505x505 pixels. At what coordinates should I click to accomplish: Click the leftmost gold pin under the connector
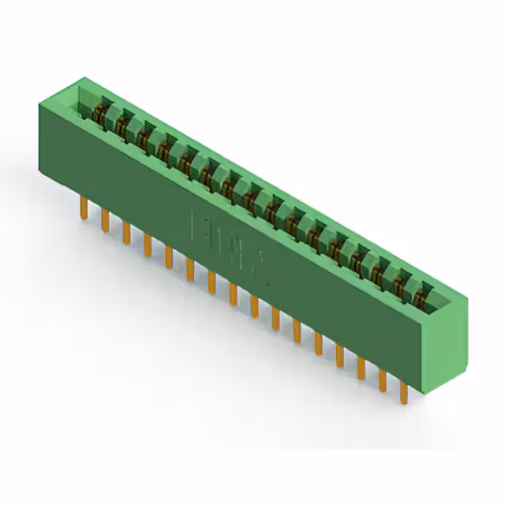coord(84,207)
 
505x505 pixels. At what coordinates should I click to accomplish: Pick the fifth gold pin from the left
coord(168,255)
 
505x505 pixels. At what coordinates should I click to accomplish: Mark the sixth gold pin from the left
coord(189,268)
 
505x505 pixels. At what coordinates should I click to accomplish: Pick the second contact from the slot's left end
coord(122,122)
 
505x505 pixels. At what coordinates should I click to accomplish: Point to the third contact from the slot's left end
coord(143,134)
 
